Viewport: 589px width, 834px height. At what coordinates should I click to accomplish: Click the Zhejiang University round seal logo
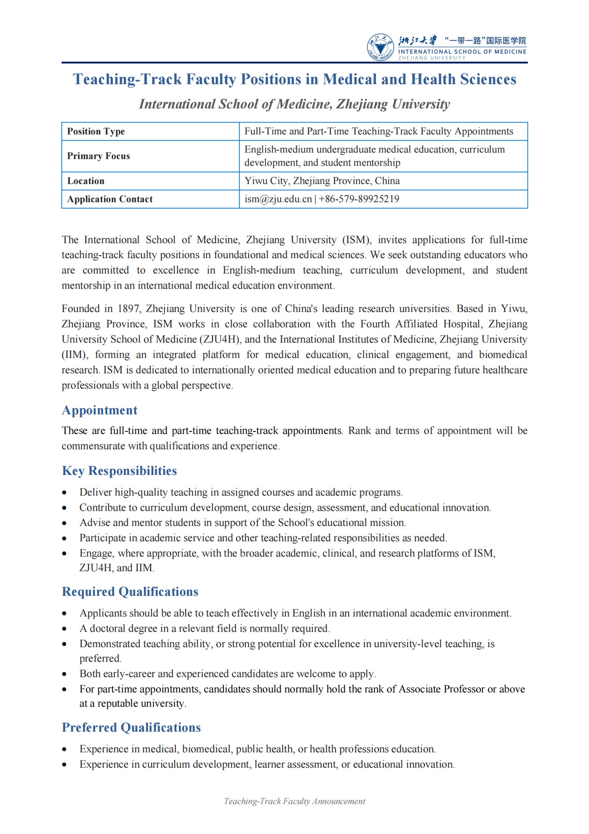click(380, 47)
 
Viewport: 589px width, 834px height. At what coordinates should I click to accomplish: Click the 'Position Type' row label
click(96, 131)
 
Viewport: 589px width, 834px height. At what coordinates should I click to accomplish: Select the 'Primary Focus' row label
click(99, 156)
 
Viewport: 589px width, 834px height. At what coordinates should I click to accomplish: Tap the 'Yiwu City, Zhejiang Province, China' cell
click(322, 181)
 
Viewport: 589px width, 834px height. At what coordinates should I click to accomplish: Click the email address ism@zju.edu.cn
click(278, 199)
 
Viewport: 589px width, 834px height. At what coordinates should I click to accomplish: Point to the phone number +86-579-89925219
click(359, 199)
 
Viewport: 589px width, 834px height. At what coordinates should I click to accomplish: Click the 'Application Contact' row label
click(110, 199)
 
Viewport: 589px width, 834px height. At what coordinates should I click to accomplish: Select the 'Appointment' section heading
click(100, 410)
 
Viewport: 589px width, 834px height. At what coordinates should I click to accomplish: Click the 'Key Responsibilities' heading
click(119, 471)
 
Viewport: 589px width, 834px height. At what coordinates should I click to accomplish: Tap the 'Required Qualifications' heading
click(130, 592)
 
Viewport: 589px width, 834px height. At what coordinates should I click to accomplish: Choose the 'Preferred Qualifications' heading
click(131, 727)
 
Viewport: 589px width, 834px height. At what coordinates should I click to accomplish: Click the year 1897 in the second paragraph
click(128, 309)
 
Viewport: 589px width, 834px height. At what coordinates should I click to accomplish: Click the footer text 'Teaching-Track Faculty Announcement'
click(294, 801)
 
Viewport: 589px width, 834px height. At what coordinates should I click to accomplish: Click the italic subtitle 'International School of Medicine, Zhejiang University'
click(294, 105)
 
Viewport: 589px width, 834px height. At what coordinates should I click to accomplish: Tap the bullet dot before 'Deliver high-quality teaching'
click(64, 493)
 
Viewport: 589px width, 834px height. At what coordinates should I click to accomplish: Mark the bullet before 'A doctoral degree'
click(64, 629)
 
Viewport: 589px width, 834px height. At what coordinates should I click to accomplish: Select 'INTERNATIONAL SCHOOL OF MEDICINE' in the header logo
click(462, 52)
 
